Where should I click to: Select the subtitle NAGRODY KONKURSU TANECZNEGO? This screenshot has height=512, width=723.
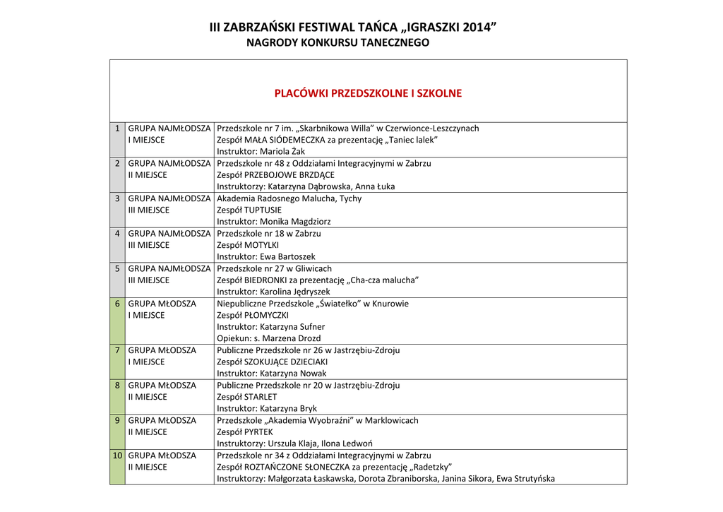(337, 43)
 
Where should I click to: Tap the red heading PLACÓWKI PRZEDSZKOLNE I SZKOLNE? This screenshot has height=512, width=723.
(368, 93)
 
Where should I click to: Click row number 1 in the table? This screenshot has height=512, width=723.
(117, 129)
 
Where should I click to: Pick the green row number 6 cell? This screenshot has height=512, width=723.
(117, 304)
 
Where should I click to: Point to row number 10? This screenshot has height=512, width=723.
(117, 456)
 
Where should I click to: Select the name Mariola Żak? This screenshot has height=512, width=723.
(285, 152)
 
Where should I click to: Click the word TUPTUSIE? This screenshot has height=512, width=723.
(263, 210)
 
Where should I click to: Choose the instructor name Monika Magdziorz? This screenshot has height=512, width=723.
(295, 222)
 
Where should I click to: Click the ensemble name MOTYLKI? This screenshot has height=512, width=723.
(261, 245)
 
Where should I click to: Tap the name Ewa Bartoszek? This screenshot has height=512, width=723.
(287, 257)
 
